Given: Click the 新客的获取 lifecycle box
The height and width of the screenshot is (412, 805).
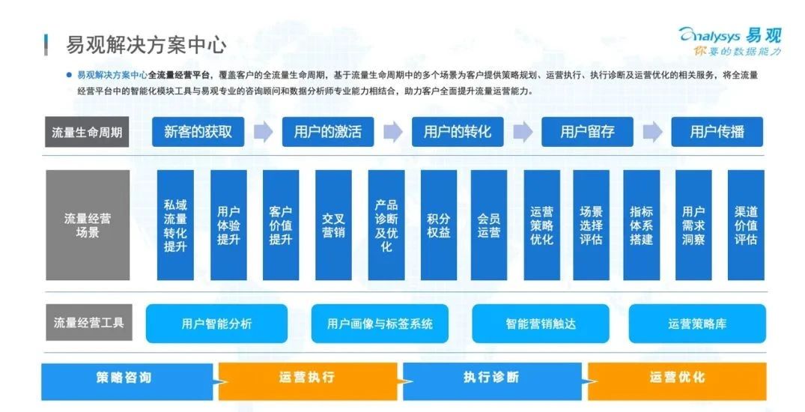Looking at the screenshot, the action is [198, 132].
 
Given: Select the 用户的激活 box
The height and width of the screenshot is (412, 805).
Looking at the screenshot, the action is [327, 132].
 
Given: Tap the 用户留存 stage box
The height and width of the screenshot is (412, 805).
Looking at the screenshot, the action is [587, 132].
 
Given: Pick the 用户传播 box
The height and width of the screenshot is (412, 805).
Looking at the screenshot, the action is [717, 132].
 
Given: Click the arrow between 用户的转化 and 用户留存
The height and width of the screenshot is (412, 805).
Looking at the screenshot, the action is [523, 132].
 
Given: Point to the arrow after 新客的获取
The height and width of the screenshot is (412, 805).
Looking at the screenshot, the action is [263, 132].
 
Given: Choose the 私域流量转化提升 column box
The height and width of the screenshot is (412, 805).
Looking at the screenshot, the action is [175, 225].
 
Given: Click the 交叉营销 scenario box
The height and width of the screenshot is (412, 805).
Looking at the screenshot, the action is [334, 225].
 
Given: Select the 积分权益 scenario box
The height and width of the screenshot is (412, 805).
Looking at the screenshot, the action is [438, 225].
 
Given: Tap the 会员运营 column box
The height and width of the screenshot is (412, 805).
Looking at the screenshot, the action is [489, 225].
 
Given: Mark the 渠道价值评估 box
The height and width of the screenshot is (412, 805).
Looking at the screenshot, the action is [746, 225].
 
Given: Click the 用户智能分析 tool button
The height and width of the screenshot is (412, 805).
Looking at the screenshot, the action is [216, 324].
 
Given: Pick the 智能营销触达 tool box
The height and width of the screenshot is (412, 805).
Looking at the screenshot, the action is [541, 324].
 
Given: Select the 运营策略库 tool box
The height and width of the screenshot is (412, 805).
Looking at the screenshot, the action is [697, 324].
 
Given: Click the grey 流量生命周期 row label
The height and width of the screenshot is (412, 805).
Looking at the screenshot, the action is [88, 132].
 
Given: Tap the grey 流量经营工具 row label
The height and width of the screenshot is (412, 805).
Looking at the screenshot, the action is [89, 323].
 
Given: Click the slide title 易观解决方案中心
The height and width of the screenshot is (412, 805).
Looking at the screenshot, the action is [146, 45].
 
